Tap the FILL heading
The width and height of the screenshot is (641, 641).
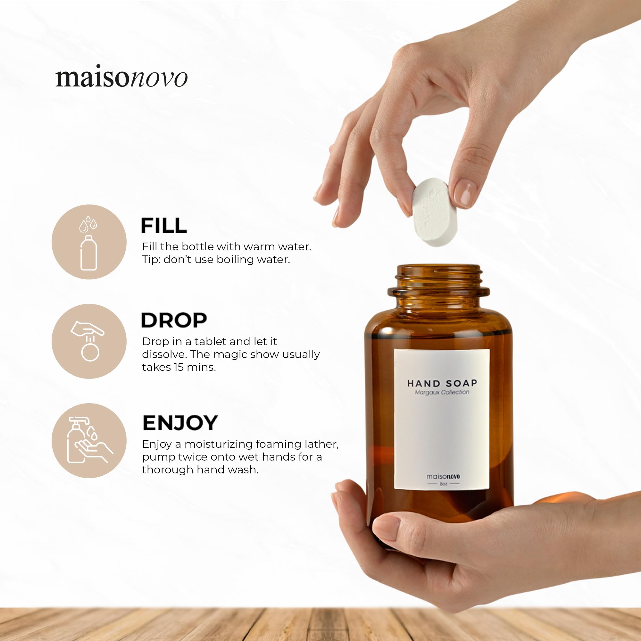click(163, 226)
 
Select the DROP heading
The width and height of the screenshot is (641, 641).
click(174, 320)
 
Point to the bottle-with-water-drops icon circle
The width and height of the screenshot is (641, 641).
click(89, 242)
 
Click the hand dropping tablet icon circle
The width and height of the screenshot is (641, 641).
click(89, 341)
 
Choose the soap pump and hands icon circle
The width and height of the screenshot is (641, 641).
click(89, 440)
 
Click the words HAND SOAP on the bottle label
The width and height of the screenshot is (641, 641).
click(442, 384)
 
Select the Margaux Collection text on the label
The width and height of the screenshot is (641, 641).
click(442, 393)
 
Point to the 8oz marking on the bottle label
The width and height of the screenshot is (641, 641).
click(443, 484)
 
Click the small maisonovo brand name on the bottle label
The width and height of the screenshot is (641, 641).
click(443, 477)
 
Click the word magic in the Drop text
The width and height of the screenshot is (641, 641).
click(229, 354)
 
